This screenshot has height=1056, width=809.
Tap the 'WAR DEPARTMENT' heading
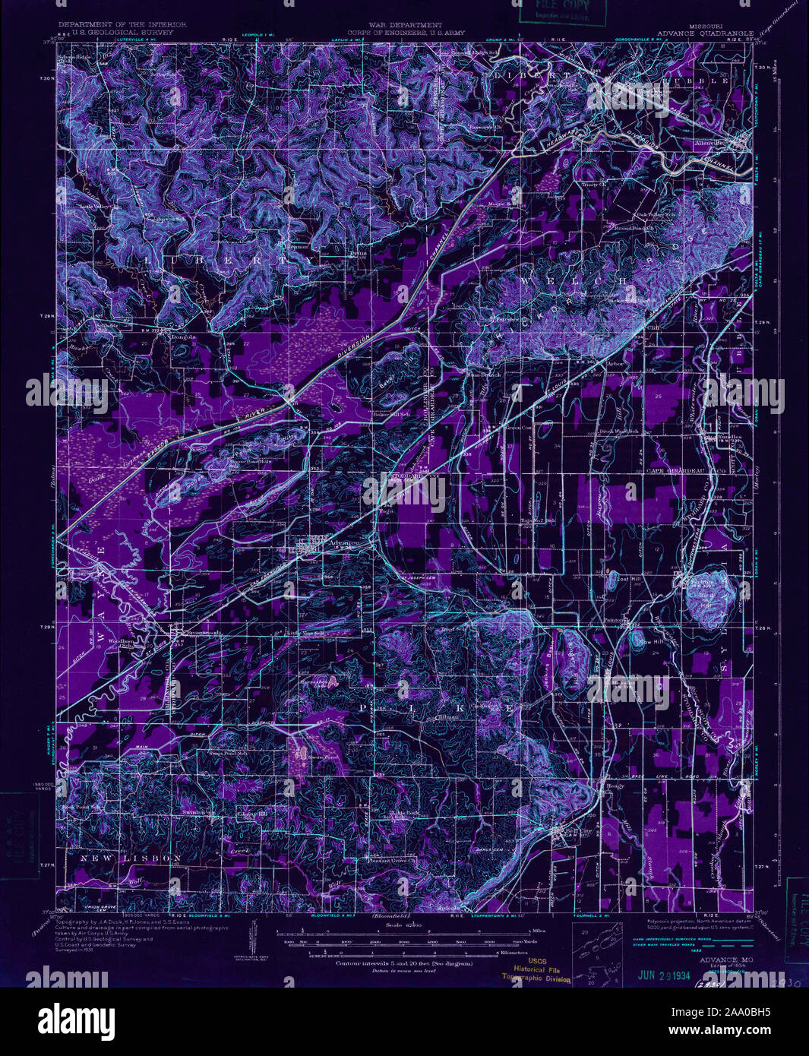[404, 25]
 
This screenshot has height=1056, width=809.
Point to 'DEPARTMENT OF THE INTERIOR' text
[115, 25]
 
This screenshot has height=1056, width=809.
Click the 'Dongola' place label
[182, 337]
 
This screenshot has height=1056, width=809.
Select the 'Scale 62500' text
[404, 925]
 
